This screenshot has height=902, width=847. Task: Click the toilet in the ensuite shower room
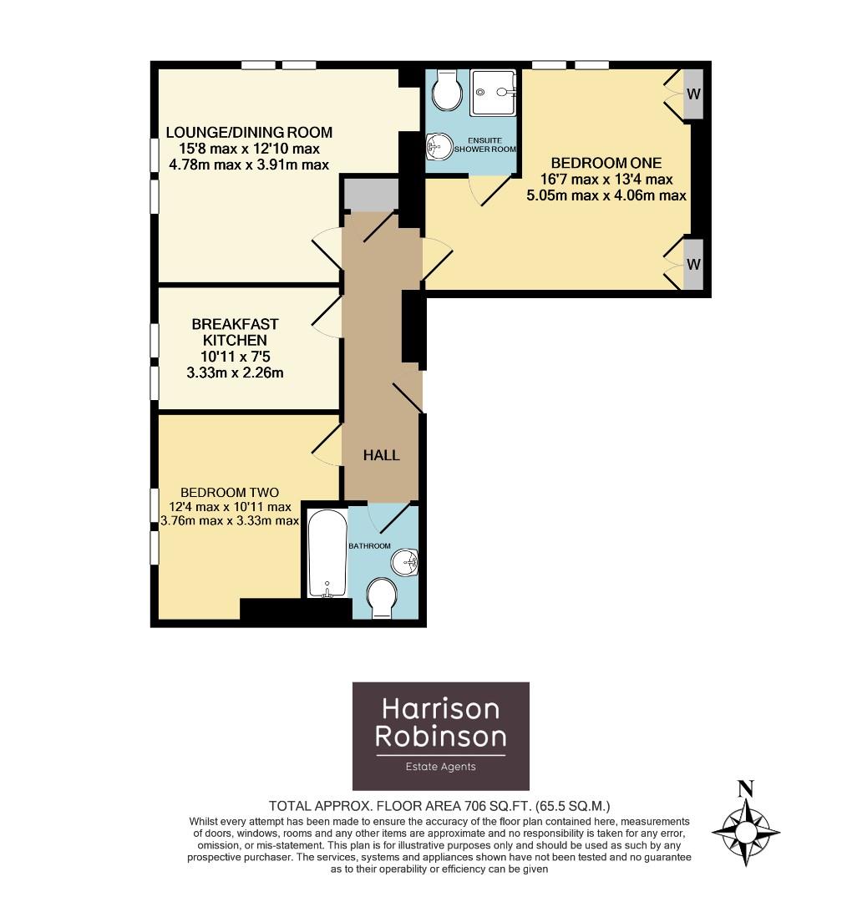[447, 89]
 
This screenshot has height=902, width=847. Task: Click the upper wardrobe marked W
[693, 94]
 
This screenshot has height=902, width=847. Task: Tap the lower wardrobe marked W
[693, 264]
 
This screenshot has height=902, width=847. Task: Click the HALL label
[381, 455]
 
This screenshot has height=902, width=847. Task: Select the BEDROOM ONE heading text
[606, 162]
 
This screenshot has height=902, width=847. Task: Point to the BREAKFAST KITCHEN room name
[235, 332]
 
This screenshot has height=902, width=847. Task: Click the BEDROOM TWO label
[229, 492]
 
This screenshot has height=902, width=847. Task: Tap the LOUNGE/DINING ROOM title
[249, 132]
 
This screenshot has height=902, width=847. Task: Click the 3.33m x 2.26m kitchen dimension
[235, 372]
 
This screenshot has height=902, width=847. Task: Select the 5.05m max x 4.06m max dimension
[606, 195]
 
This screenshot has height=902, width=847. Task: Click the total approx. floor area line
[439, 806]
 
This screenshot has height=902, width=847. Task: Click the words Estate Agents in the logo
[440, 767]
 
